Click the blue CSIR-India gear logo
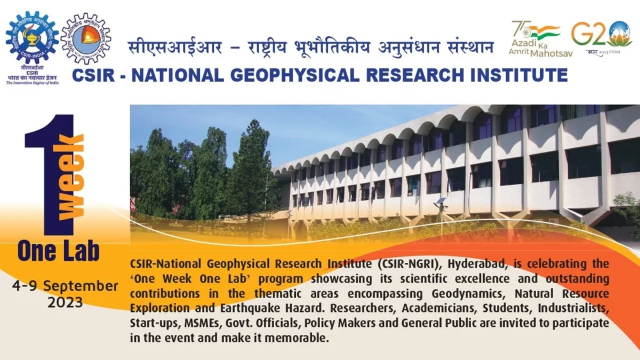click(32, 38)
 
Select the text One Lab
click(58, 251)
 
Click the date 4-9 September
click(65, 286)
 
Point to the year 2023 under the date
click(65, 302)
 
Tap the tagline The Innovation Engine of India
click(32, 82)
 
